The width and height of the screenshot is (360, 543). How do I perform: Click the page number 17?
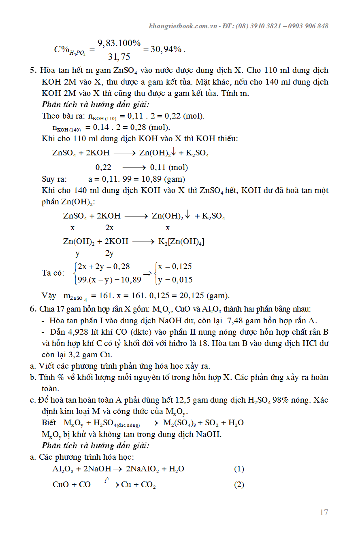click(324, 512)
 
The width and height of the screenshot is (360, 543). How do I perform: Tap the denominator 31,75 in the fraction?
click(119, 57)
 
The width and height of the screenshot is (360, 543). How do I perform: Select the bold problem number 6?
click(33, 310)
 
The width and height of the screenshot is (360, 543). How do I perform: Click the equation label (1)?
click(239, 469)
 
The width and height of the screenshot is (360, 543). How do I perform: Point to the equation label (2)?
click(239, 485)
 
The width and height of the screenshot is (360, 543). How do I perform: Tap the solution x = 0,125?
click(175, 267)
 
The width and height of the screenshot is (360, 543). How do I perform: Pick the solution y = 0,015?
click(175, 280)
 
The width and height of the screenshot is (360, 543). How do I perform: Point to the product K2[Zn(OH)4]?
click(181, 242)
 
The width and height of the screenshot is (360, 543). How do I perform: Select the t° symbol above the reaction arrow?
click(106, 480)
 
